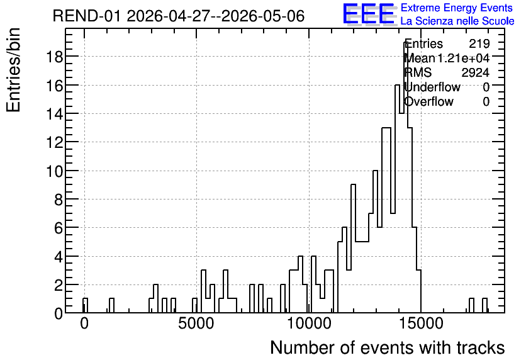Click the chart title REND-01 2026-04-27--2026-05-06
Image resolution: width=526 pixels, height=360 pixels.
pos(179,16)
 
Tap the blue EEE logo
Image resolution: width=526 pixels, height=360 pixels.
pos(369,14)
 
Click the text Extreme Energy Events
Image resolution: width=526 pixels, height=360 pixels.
pos(457,8)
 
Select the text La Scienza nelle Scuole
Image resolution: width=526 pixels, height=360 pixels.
pos(457,21)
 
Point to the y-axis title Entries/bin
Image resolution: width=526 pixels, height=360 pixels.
pos(14,70)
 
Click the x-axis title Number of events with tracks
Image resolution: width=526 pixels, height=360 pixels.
pos(388,347)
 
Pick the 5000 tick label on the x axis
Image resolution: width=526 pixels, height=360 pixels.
pos(196,323)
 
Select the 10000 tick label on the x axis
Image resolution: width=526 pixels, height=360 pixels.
pos(310,323)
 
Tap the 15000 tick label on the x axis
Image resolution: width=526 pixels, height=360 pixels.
pos(422,323)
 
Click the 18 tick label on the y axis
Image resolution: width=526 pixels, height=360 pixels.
pos(54,57)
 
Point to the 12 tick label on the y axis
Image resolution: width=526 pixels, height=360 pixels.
pos(54,142)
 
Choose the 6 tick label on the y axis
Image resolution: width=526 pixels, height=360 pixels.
pos(59,228)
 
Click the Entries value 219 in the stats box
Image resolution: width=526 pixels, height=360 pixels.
pos(479,43)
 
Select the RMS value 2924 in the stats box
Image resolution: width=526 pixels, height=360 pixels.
pos(475,72)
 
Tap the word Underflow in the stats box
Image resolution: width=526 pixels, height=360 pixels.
pos(432,87)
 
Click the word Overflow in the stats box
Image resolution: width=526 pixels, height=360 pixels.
pos(428,102)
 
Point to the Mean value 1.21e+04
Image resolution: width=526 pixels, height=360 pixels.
pos(463,58)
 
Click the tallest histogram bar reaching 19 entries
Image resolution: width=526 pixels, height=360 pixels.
pos(406,178)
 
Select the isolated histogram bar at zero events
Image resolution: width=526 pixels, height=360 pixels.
pos(85,305)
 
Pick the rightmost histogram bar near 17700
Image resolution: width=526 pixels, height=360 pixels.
pos(484,305)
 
